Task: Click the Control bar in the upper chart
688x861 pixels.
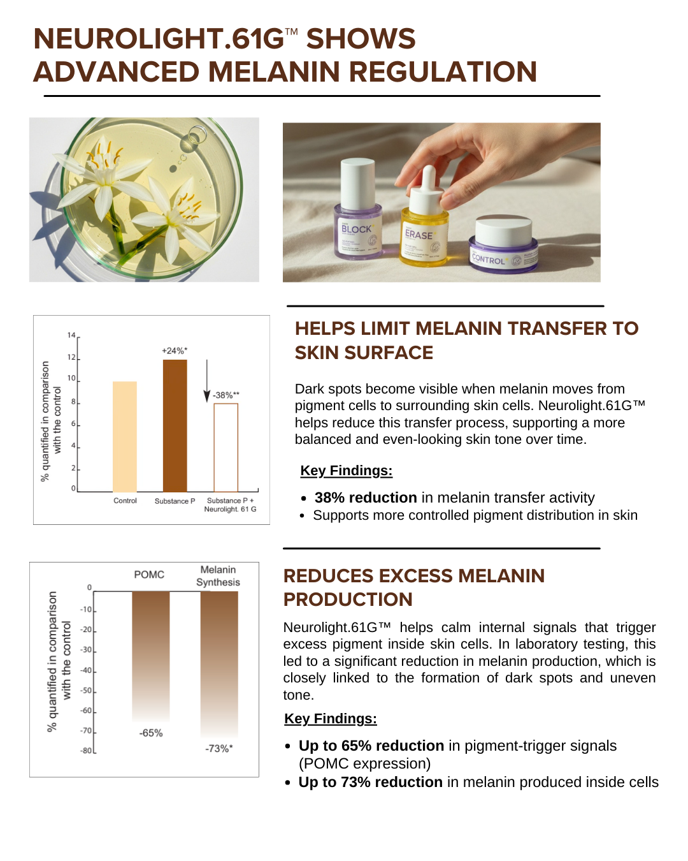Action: (124, 436)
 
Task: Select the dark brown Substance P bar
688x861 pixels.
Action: (175, 425)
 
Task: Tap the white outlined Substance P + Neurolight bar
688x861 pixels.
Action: (226, 448)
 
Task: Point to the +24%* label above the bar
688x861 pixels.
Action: (175, 351)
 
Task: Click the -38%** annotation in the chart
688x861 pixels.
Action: (226, 395)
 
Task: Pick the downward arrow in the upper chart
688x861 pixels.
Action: (206, 381)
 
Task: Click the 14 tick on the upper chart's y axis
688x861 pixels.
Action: (71, 335)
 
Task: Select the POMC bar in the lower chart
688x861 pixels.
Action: (151, 656)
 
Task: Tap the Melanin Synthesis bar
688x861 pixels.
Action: (219, 665)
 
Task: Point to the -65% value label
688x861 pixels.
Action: (151, 733)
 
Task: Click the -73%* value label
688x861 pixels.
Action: (219, 749)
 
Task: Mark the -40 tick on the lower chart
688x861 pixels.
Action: (86, 670)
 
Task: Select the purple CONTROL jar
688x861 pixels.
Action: (503, 244)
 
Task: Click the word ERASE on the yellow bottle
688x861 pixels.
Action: (419, 235)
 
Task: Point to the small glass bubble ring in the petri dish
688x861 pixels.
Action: (197, 135)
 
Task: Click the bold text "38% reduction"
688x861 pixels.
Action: (366, 497)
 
